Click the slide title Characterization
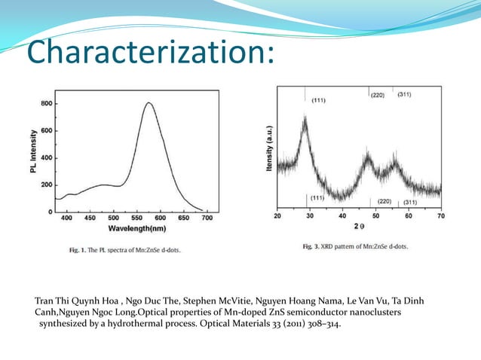tap(147, 53)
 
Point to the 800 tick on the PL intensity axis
tap(46, 103)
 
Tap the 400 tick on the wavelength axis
tap(66, 218)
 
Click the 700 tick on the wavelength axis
tap(207, 218)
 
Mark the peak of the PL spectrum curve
tap(149, 103)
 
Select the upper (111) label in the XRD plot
tap(318, 101)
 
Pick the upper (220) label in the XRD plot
tap(378, 95)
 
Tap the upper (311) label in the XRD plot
tap(403, 94)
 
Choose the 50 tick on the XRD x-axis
tap(375, 216)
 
